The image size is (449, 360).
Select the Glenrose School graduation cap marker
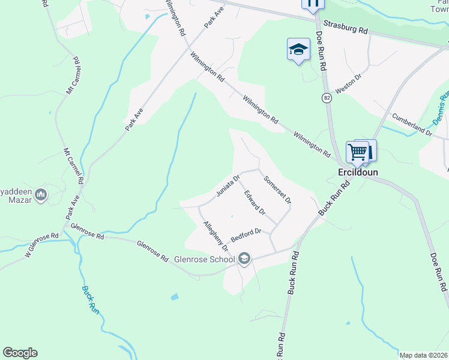244,259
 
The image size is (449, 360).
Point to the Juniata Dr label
228,185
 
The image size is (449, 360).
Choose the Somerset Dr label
277,189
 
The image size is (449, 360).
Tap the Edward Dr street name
255,202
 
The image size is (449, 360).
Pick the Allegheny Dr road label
215,235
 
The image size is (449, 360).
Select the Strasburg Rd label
345,28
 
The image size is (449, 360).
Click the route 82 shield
327,98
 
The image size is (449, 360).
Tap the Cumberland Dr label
412,123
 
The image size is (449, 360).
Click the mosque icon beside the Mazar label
41,194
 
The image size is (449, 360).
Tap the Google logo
20,353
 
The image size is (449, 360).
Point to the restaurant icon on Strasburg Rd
312,4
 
